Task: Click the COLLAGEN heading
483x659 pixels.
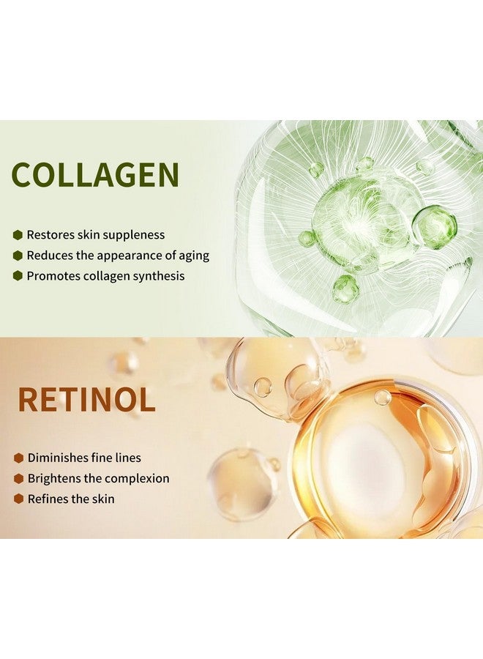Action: coord(95,176)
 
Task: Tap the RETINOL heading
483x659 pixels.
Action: coord(86,400)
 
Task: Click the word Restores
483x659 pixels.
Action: coord(49,235)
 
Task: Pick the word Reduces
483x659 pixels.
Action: coord(48,256)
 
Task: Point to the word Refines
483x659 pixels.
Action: coord(48,499)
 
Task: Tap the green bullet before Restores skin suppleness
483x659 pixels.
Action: coord(18,235)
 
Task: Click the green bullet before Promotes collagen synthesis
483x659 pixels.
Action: coord(18,276)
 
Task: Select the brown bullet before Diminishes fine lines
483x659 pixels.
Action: coord(18,458)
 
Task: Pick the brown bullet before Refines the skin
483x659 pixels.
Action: coord(18,499)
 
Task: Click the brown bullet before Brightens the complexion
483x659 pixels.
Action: coord(18,479)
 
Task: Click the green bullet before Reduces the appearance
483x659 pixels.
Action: coord(18,256)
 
